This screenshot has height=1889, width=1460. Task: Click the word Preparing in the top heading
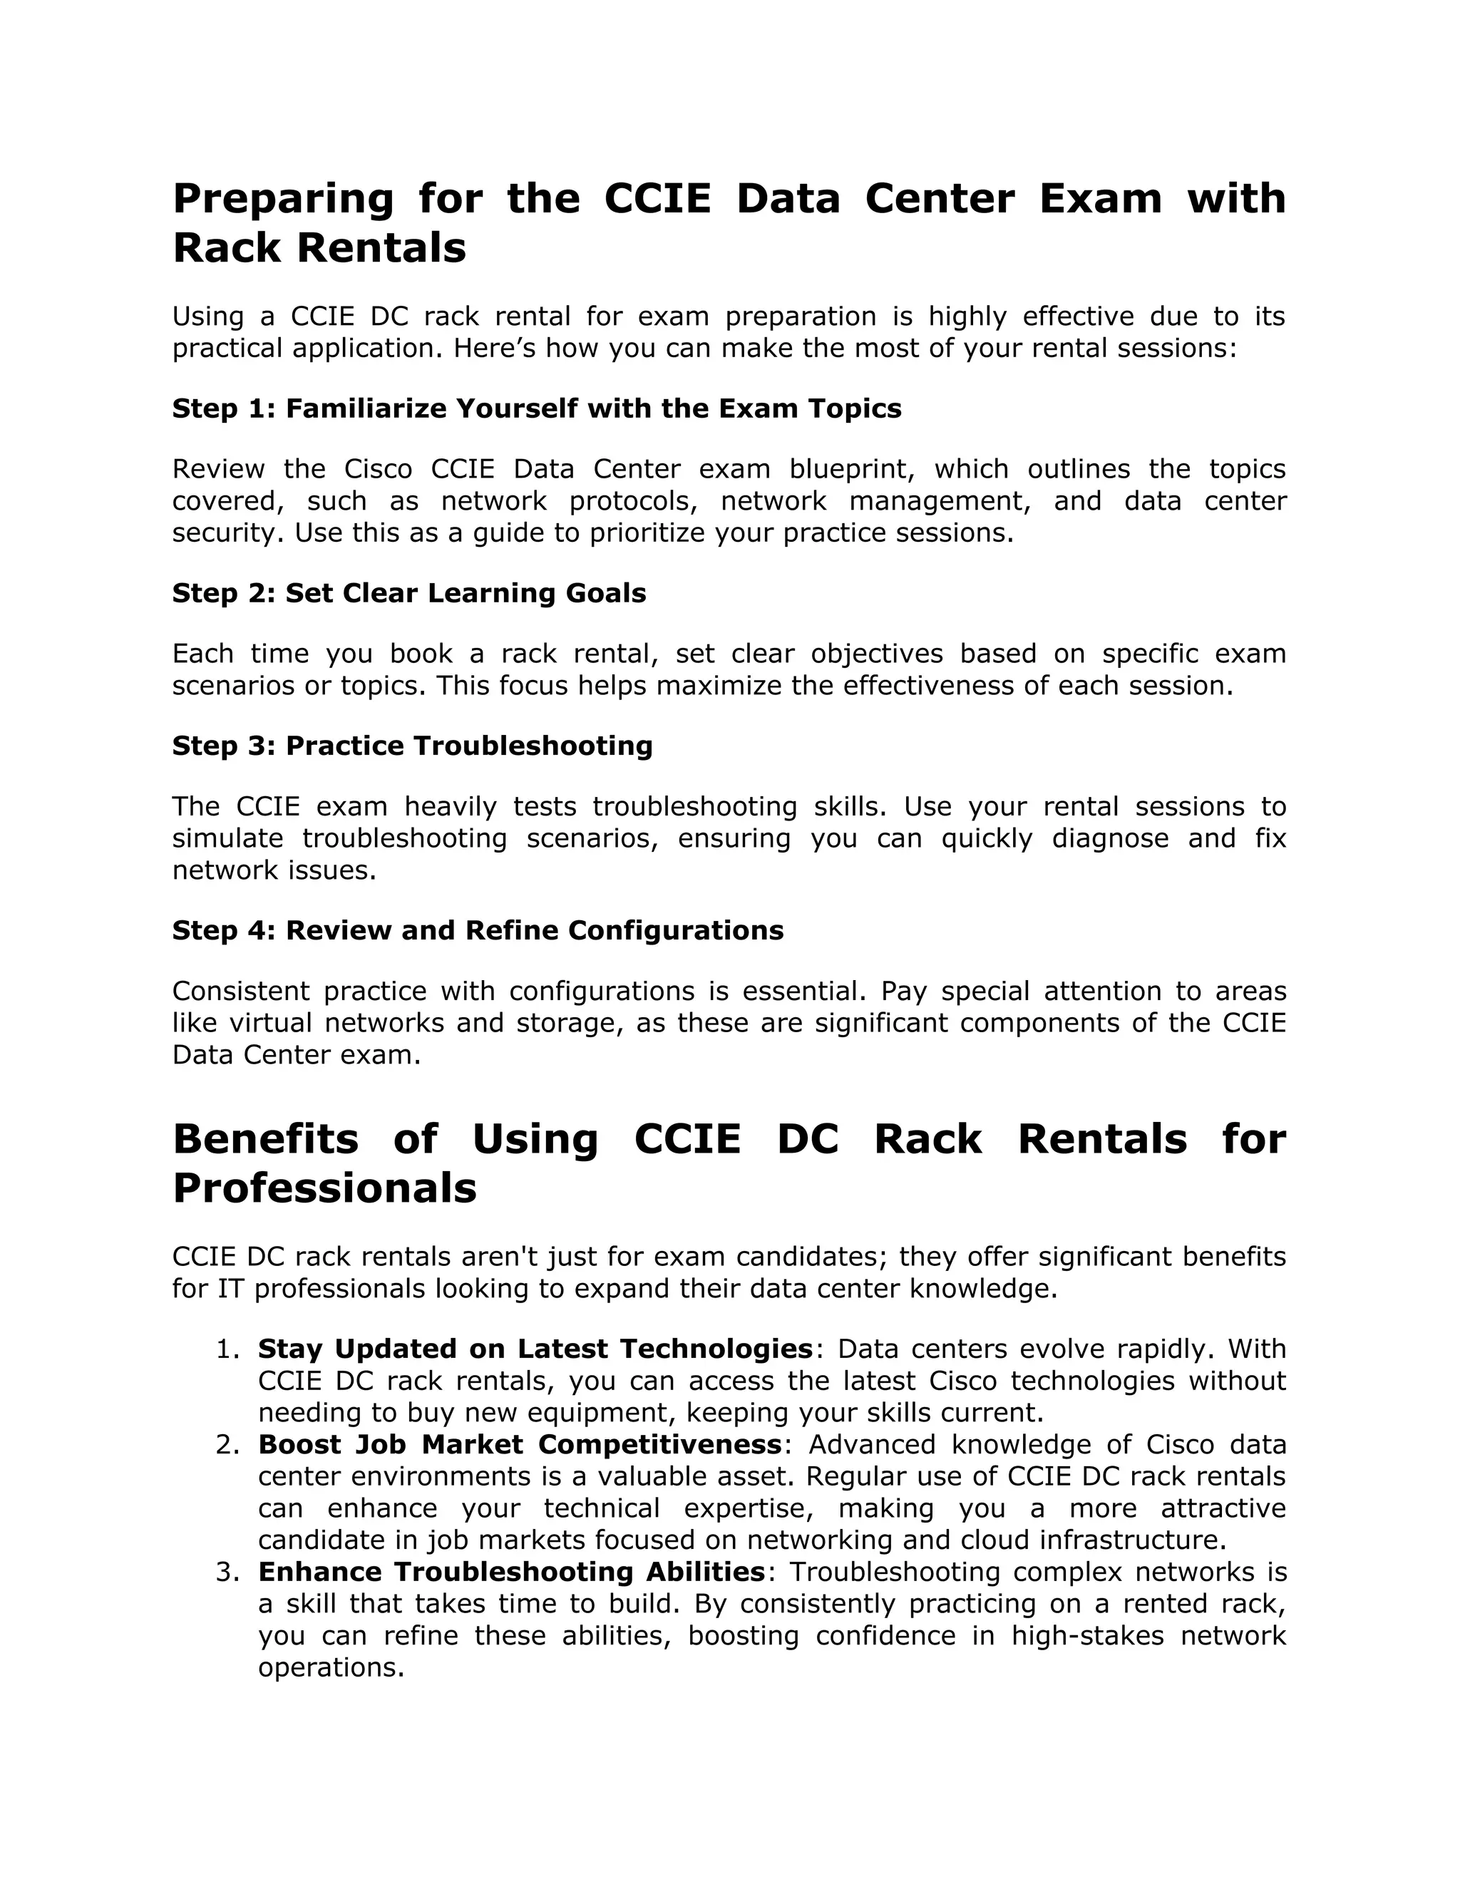pyautogui.click(x=283, y=199)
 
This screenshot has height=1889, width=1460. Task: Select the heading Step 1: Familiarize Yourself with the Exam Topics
pyautogui.click(x=536, y=408)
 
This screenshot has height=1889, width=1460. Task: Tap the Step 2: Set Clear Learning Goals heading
pyautogui.click(x=408, y=593)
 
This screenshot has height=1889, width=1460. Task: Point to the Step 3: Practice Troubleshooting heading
pyautogui.click(x=412, y=746)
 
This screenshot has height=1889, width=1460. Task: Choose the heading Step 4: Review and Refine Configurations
pyautogui.click(x=478, y=931)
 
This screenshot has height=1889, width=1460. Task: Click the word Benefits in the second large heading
pyautogui.click(x=265, y=1139)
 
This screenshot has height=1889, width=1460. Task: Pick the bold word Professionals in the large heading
pyautogui.click(x=324, y=1188)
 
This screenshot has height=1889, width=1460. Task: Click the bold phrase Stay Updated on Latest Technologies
pyautogui.click(x=535, y=1349)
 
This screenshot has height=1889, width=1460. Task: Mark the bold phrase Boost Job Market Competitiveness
pyautogui.click(x=520, y=1446)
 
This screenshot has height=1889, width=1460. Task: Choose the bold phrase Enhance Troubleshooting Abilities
pyautogui.click(x=511, y=1572)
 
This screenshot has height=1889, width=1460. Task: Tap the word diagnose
pyautogui.click(x=1110, y=839)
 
